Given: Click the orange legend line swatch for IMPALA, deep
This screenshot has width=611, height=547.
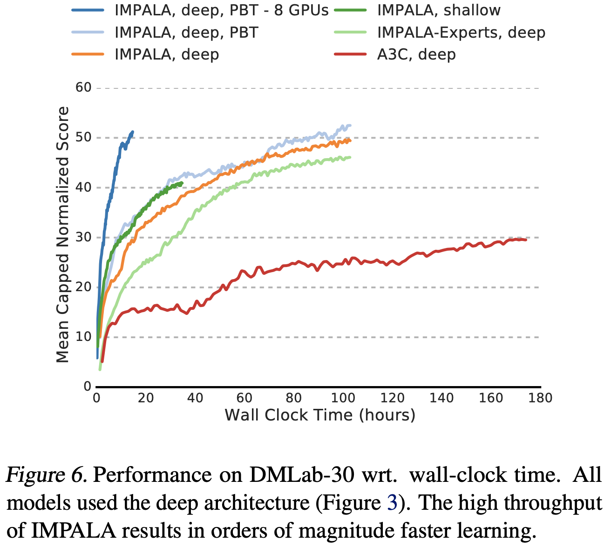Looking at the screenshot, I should point(88,54).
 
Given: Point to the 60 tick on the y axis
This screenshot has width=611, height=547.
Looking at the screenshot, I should point(84,88).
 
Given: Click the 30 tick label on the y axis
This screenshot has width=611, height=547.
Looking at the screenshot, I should point(84,237).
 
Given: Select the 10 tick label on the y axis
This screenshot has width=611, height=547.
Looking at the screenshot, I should point(84,337).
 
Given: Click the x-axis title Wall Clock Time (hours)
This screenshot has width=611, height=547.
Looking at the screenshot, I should point(320,415).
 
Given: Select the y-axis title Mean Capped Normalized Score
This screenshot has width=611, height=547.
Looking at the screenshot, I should point(63,235).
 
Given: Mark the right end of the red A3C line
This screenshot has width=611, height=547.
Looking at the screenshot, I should point(526,240).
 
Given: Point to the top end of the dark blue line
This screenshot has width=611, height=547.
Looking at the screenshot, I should point(133,132).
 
